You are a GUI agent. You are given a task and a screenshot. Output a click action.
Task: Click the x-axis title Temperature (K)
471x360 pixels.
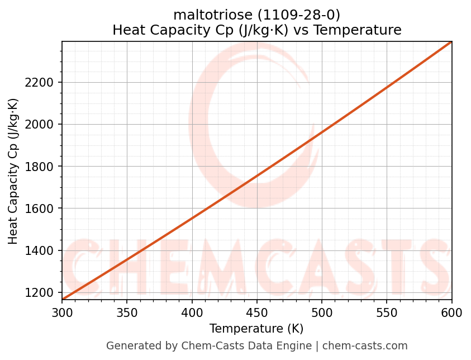256,329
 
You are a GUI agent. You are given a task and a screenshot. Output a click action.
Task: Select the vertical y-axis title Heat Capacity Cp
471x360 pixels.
13,170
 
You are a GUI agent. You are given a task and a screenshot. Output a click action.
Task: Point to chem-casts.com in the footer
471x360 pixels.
365,346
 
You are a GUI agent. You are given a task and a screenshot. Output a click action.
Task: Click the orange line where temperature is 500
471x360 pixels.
322,132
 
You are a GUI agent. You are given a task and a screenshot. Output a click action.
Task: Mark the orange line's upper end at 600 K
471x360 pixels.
451,42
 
